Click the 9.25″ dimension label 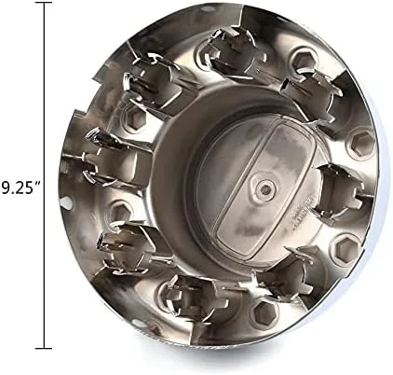20,187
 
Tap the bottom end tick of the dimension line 44,348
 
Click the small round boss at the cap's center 264,187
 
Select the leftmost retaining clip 114,156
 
